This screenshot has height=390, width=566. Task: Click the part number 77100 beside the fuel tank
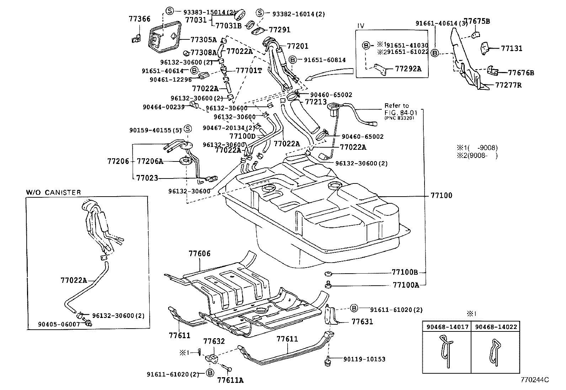pyautogui.click(x=441, y=196)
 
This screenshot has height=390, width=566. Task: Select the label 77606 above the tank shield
pyautogui.click(x=199, y=254)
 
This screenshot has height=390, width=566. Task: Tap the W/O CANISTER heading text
pyautogui.click(x=53, y=192)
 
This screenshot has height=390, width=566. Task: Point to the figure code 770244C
pyautogui.click(x=535, y=380)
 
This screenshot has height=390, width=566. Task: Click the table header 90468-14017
pyautogui.click(x=447, y=326)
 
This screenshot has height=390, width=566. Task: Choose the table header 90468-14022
pyautogui.click(x=496, y=326)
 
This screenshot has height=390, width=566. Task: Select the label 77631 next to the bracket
pyautogui.click(x=362, y=322)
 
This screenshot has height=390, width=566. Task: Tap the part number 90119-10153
pyautogui.click(x=364, y=359)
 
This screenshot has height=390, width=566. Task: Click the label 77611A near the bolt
pyautogui.click(x=230, y=380)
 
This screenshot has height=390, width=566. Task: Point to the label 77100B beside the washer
pyautogui.click(x=405, y=273)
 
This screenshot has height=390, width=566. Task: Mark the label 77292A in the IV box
pyautogui.click(x=408, y=69)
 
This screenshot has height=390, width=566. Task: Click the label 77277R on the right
pyautogui.click(x=508, y=86)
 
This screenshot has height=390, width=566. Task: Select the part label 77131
pyautogui.click(x=512, y=48)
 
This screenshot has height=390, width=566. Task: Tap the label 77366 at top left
pyautogui.click(x=139, y=19)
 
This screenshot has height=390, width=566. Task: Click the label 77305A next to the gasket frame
pyautogui.click(x=203, y=39)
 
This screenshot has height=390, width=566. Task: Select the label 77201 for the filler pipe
pyautogui.click(x=298, y=46)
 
